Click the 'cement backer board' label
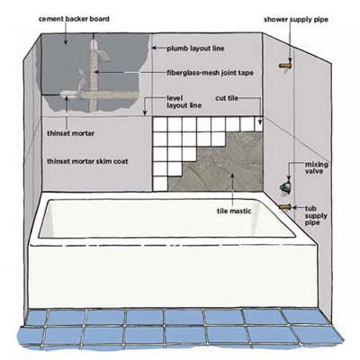(74, 19)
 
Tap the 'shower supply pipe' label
(296, 20)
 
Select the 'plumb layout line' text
(195, 49)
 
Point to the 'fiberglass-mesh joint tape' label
(210, 73)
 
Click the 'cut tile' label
(227, 98)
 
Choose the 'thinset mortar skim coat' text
(87, 161)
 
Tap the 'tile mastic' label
(234, 211)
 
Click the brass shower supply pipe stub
(284, 66)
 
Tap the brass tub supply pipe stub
(284, 207)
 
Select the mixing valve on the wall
(285, 186)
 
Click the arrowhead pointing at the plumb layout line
(154, 48)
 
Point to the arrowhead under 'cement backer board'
(66, 41)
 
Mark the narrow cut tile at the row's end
(259, 124)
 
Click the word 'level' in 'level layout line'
(175, 98)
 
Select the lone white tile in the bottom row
(160, 184)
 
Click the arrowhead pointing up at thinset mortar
(67, 97)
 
